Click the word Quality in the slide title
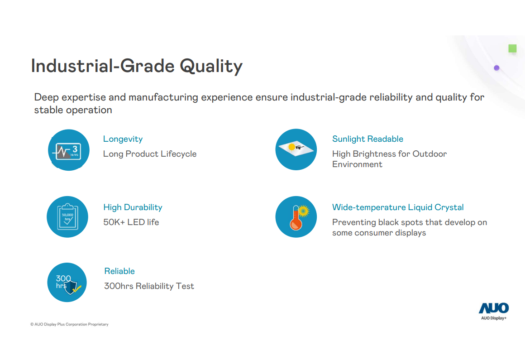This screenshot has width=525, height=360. click(211, 66)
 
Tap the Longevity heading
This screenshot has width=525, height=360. click(123, 139)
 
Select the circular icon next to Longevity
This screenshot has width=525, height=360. click(69, 150)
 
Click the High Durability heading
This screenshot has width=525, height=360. click(133, 207)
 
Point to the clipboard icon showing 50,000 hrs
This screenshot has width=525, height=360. click(67, 217)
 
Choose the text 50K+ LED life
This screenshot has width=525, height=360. click(131, 222)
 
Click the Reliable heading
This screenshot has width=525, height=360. click(119, 271)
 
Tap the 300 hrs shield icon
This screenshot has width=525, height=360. click(67, 283)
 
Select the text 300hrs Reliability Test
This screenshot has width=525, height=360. click(149, 286)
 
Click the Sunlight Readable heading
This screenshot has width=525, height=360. click(367, 139)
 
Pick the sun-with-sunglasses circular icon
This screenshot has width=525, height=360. click(296, 149)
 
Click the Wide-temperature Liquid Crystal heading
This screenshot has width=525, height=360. click(398, 207)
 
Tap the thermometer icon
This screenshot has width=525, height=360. click(296, 217)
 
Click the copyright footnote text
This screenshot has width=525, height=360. click(69, 324)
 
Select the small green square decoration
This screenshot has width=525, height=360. click(512, 48)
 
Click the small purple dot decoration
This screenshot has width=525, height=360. click(496, 68)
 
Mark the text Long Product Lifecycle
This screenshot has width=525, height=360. click(150, 154)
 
